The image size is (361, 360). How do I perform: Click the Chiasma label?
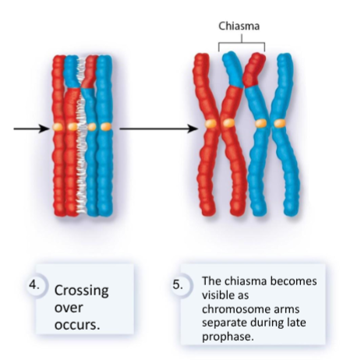(241, 25)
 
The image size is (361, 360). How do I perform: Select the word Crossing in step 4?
(80, 291)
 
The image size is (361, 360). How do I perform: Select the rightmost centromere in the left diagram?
(107, 125)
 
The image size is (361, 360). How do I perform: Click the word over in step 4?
(69, 307)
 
